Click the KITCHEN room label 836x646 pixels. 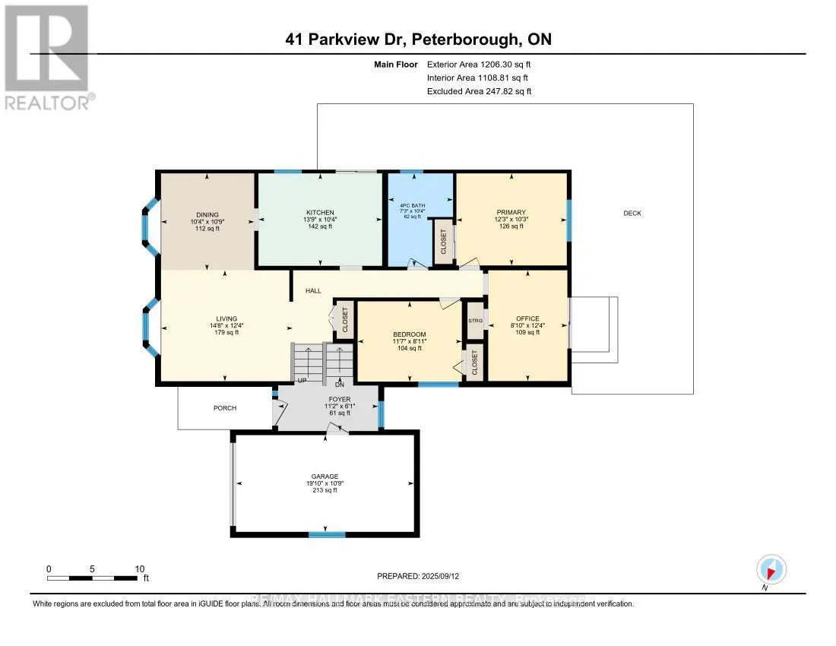[320, 212]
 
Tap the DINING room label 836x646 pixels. [207, 214]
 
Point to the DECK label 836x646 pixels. [632, 214]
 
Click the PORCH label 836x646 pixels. [225, 408]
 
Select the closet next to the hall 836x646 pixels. [344, 318]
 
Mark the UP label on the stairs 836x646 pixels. [301, 381]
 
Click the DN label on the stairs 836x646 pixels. [340, 383]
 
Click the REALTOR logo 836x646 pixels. [47, 57]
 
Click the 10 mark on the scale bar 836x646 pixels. [140, 568]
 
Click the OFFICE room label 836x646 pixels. [527, 318]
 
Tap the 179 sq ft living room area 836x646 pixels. [226, 332]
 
